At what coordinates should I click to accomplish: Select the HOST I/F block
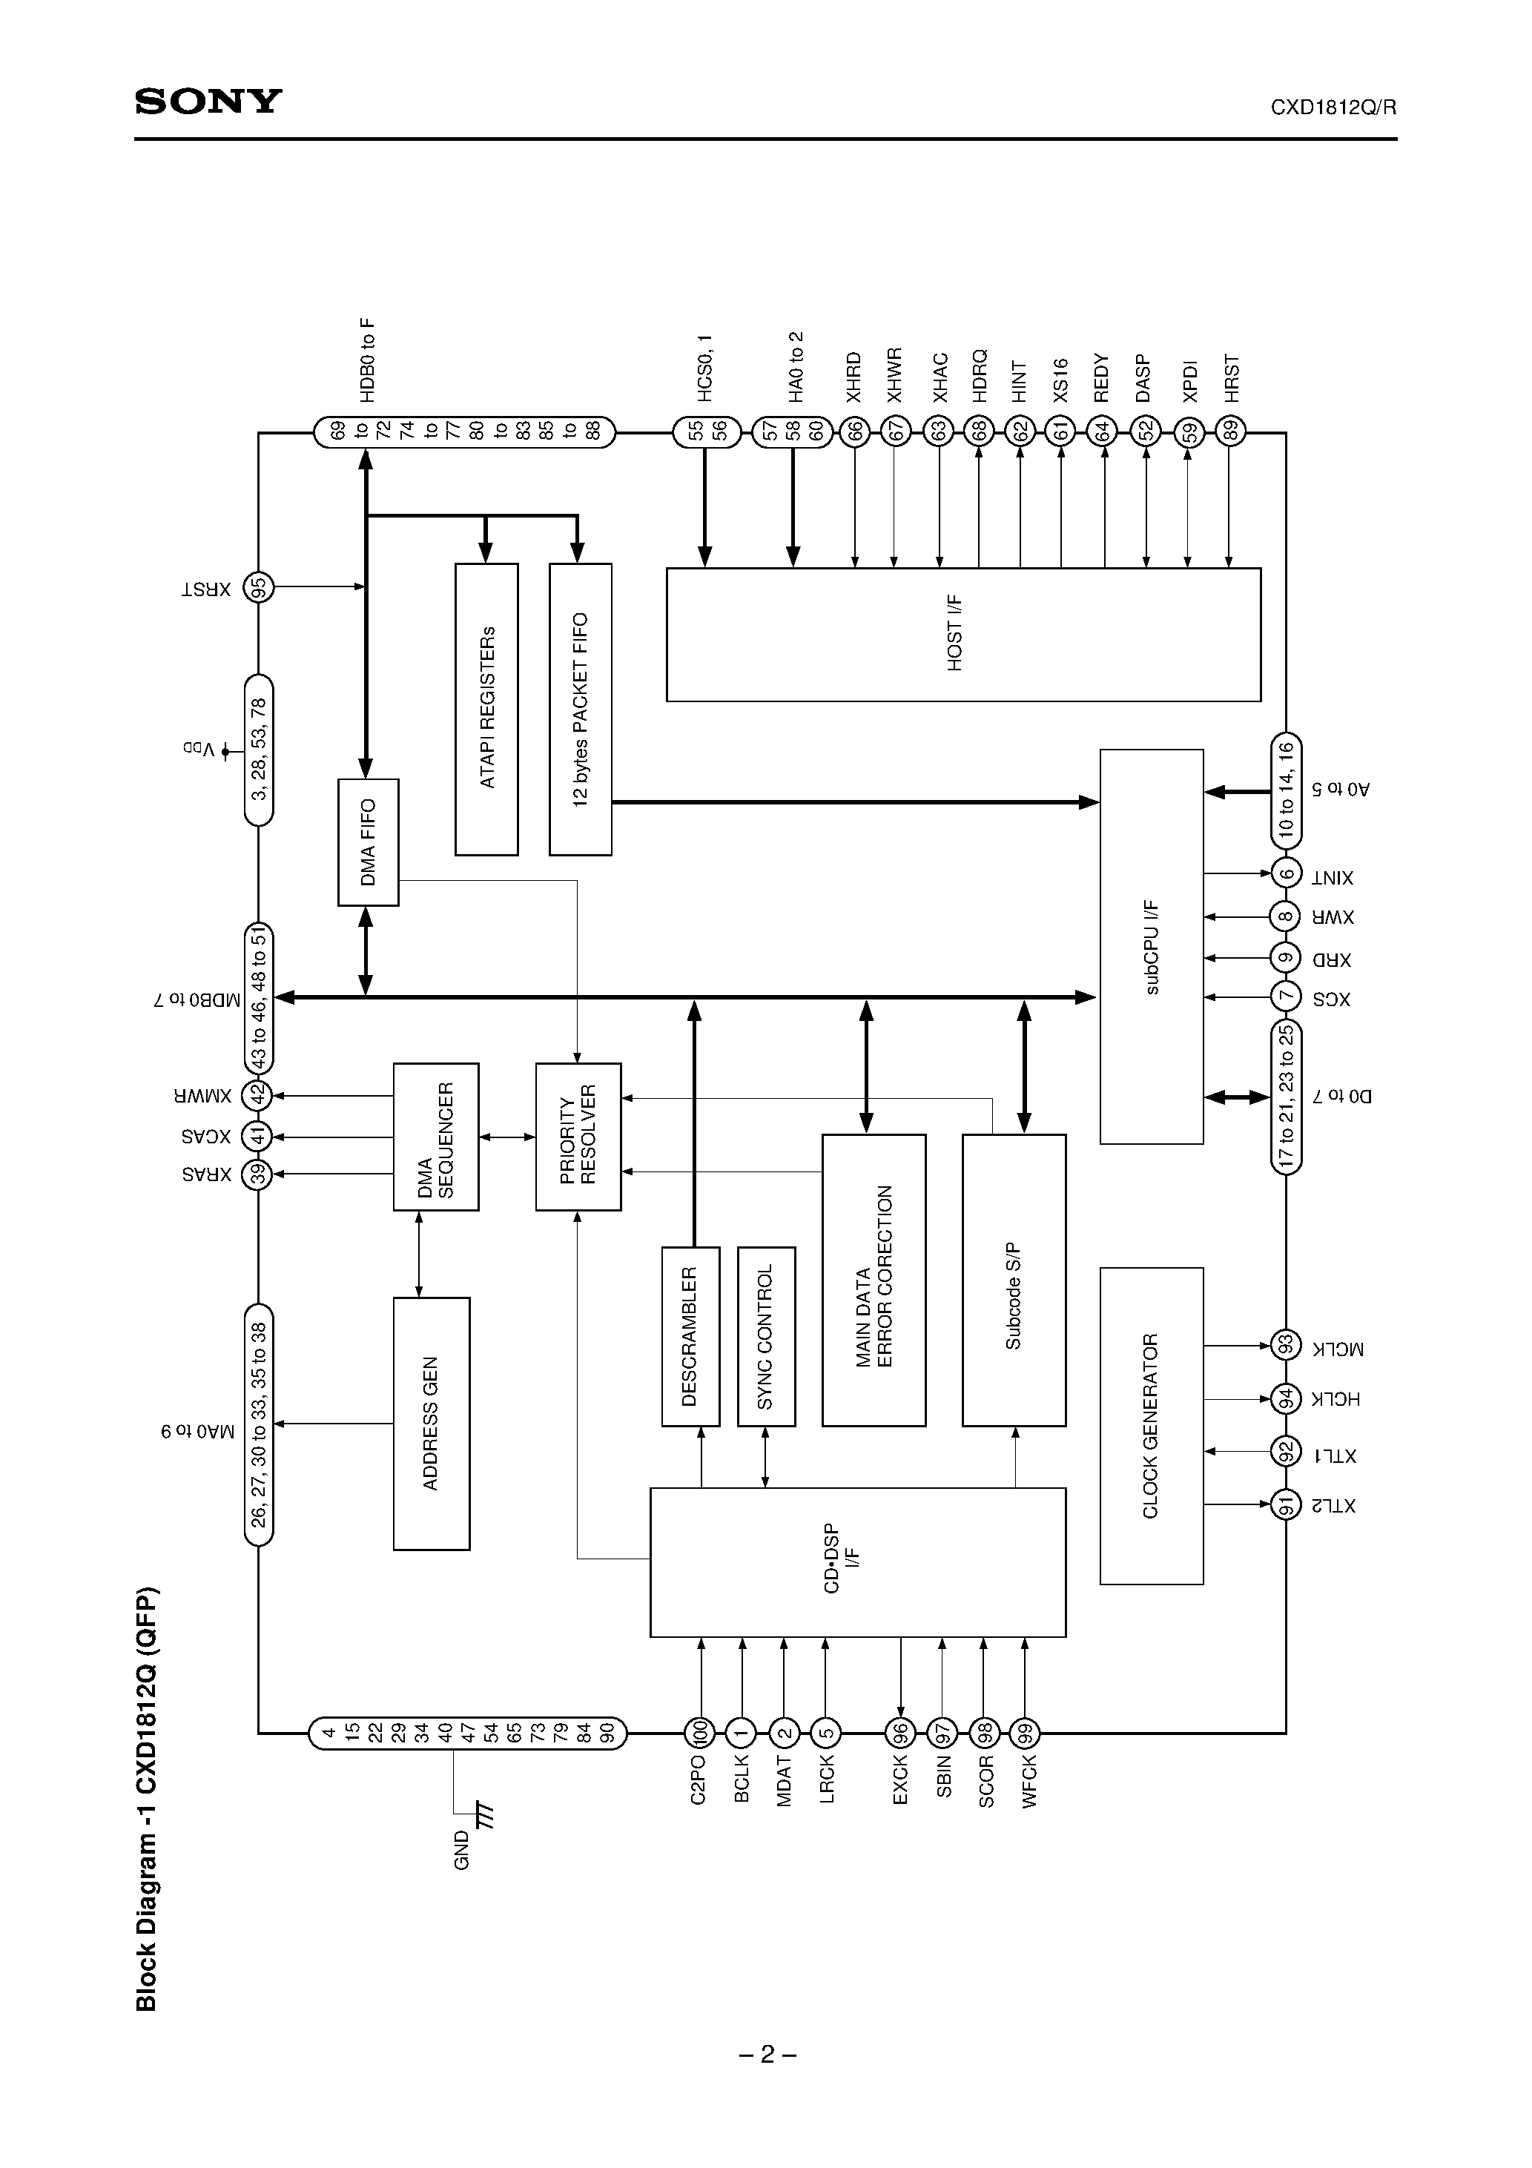[x=963, y=634]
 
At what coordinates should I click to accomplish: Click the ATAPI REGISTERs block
[x=486, y=709]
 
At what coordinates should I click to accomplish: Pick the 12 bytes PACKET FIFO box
[x=580, y=709]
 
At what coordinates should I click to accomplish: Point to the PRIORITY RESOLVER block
[x=578, y=1136]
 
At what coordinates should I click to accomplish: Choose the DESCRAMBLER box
[x=690, y=1335]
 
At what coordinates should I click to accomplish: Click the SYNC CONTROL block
[x=766, y=1335]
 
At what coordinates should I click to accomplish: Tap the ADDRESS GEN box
[x=431, y=1423]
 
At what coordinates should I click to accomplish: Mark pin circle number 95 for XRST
[x=259, y=587]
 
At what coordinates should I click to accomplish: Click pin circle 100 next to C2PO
[x=700, y=1732]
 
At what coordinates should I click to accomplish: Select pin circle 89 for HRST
[x=1229, y=432]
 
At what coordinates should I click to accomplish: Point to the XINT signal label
[x=1332, y=878]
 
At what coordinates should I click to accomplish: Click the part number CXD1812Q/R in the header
[x=1333, y=108]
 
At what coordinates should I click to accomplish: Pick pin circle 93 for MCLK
[x=1284, y=1344]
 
